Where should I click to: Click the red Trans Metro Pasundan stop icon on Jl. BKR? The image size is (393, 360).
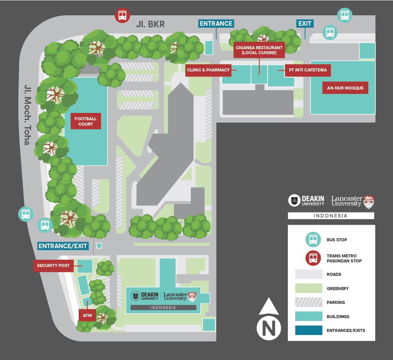(122, 15)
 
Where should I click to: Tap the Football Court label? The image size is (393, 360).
(86, 121)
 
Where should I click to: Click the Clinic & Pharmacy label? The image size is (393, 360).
(208, 70)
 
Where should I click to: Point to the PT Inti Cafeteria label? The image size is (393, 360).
(308, 70)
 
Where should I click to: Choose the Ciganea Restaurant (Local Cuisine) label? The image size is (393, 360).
(259, 50)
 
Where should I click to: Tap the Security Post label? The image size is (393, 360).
(53, 265)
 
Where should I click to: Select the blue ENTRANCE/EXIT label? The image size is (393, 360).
(63, 246)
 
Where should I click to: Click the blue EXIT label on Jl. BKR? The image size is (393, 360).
(305, 23)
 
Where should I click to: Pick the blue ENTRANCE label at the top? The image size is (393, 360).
(216, 23)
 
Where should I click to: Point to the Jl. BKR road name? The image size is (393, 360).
(150, 25)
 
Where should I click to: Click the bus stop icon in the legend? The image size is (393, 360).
(313, 239)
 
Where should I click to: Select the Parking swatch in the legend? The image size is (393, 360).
(309, 302)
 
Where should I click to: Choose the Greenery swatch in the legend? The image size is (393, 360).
(309, 288)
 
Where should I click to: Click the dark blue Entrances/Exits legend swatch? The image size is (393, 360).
(309, 330)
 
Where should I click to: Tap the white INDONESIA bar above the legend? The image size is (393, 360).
(331, 216)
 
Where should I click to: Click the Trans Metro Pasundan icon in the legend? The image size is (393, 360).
(313, 258)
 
